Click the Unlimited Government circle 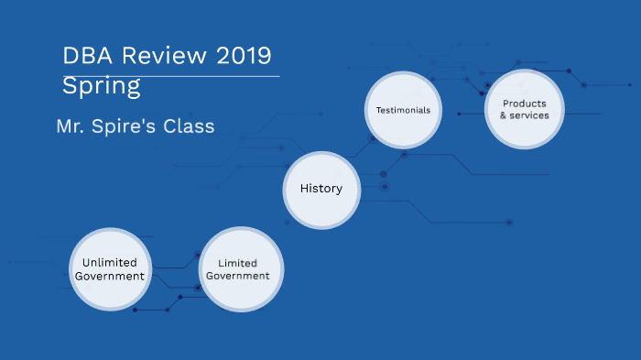[109, 269]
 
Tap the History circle [321, 190]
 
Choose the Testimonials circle [404, 110]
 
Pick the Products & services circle [524, 110]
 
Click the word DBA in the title [84, 56]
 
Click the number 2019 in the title [244, 56]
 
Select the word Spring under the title [102, 88]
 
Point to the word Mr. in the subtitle [71, 126]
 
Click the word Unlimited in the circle [110, 263]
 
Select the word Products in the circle [525, 104]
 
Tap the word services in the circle [529, 116]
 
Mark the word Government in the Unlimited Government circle [110, 276]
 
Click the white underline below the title [170, 76]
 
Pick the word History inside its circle [321, 190]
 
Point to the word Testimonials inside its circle [404, 110]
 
